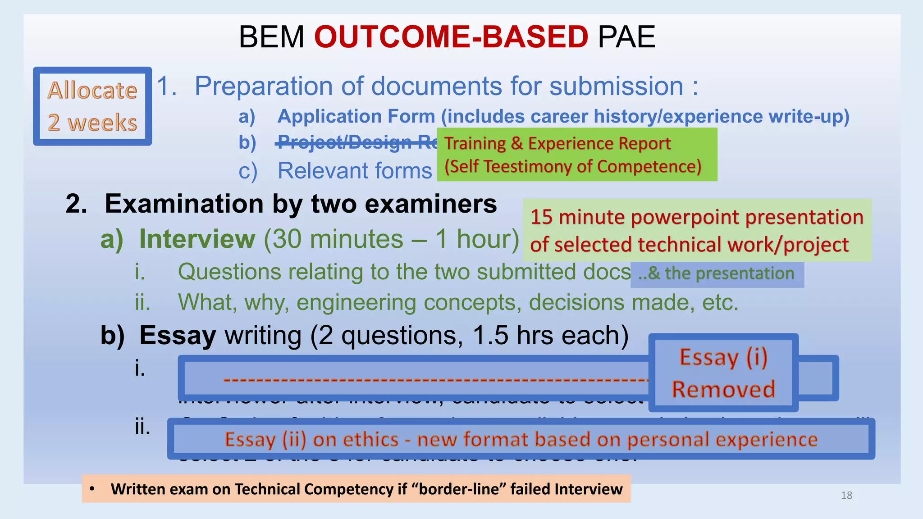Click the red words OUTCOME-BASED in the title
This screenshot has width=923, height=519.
(x=451, y=37)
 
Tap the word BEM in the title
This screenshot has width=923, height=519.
(x=271, y=37)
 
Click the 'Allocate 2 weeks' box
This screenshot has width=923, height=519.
(x=92, y=106)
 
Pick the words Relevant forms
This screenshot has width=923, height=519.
(x=355, y=171)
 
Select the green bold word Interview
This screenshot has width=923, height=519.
(x=197, y=239)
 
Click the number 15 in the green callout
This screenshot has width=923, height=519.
(x=541, y=217)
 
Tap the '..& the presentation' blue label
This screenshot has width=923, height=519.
(x=717, y=273)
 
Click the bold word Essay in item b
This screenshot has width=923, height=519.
(x=178, y=336)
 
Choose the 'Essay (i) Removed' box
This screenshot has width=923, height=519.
(x=723, y=373)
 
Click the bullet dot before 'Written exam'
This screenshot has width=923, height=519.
(x=92, y=489)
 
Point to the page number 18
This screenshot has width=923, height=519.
(x=846, y=496)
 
